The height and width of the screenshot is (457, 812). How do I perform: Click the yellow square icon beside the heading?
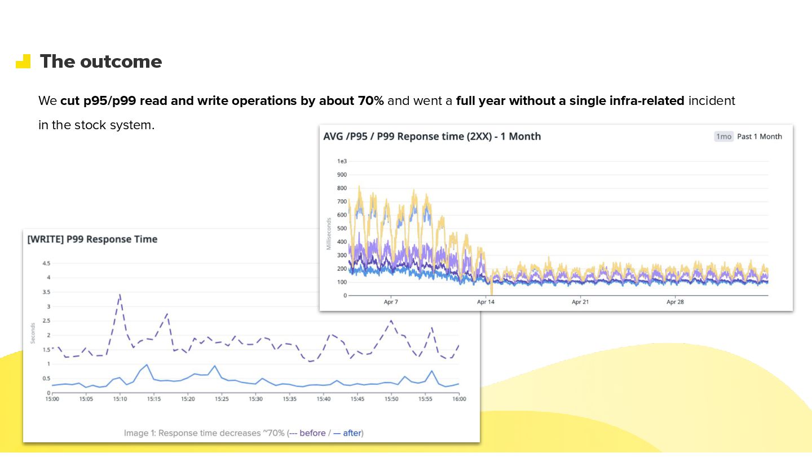[23, 61]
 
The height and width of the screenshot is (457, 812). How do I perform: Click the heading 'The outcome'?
[100, 61]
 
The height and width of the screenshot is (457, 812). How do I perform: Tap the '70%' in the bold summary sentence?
[370, 101]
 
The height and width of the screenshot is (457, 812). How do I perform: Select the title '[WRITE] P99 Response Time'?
[92, 239]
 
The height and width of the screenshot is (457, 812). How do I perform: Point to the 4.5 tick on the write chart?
[46, 263]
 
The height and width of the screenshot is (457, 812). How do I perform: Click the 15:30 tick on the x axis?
[256, 399]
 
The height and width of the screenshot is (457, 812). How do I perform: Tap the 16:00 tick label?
[459, 399]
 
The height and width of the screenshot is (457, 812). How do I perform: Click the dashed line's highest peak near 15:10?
[120, 295]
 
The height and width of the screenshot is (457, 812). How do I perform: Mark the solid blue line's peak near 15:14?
[147, 364]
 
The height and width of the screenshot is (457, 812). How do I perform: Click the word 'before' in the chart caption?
[312, 433]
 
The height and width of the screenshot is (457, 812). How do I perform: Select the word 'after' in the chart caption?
[352, 433]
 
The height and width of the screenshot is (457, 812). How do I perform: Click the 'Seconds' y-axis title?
[33, 333]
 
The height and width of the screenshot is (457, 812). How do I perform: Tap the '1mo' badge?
[723, 137]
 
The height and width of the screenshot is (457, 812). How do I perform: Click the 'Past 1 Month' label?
[760, 137]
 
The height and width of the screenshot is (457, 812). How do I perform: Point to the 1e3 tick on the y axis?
[342, 161]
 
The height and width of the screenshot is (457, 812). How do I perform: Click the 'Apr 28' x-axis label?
[675, 302]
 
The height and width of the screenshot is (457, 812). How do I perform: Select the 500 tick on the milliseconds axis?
[342, 228]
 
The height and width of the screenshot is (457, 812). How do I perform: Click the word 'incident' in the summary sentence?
[712, 101]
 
